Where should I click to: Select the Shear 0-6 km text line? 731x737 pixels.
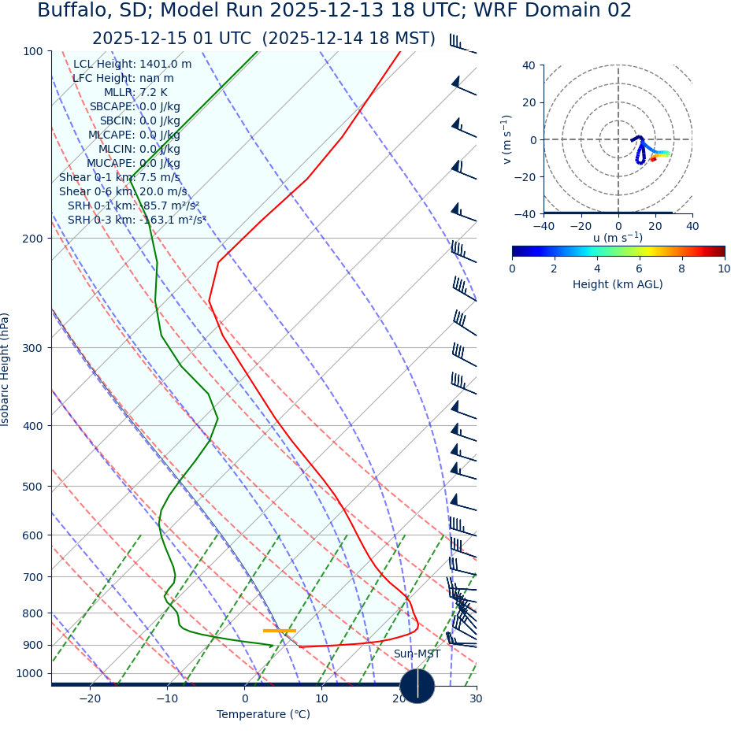pyautogui.click(x=123, y=192)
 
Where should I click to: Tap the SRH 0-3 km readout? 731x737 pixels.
pyautogui.click(x=136, y=220)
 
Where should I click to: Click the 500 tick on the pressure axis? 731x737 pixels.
pyautogui.click(x=32, y=487)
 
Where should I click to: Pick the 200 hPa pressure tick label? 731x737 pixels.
pyautogui.click(x=32, y=239)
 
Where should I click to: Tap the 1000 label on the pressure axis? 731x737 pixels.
pyautogui.click(x=29, y=673)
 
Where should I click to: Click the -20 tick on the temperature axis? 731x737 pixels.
pyautogui.click(x=90, y=699)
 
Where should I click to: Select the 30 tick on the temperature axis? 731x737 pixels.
pyautogui.click(x=476, y=699)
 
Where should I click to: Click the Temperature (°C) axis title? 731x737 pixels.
pyautogui.click(x=263, y=715)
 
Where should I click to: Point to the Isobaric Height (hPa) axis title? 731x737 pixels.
pyautogui.click(x=6, y=369)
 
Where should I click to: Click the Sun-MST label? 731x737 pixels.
pyautogui.click(x=417, y=654)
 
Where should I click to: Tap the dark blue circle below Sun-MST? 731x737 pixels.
pyautogui.click(x=417, y=686)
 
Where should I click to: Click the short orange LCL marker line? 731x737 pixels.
pyautogui.click(x=279, y=631)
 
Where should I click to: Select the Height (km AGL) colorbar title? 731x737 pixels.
pyautogui.click(x=618, y=285)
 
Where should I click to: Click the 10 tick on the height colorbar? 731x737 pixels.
pyautogui.click(x=723, y=269)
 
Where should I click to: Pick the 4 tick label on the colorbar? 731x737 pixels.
pyautogui.click(x=597, y=269)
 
